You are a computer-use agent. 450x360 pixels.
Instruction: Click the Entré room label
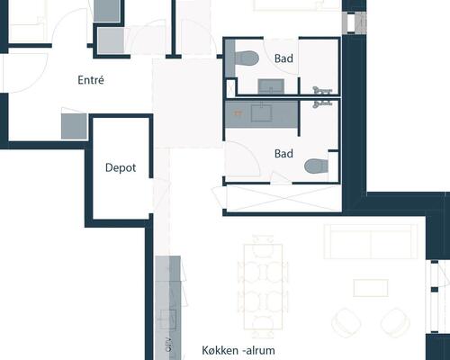[x=91, y=80]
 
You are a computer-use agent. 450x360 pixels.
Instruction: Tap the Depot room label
[x=121, y=167]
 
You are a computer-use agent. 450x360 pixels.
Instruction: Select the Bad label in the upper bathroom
[x=283, y=58]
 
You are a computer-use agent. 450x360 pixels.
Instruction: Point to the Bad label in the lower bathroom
[x=283, y=154]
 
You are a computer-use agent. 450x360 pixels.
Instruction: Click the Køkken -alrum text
[x=238, y=350]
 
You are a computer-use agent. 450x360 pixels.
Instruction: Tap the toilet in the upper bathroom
[x=247, y=58]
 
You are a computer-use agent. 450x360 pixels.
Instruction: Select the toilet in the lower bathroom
[x=316, y=166]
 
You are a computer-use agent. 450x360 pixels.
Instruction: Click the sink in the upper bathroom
[x=272, y=86]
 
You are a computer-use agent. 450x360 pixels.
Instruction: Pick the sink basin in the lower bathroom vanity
[x=261, y=112]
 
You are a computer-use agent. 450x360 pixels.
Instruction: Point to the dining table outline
[x=263, y=287]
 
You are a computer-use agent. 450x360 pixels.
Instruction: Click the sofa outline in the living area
[x=371, y=241]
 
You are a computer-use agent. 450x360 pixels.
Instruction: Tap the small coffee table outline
[x=371, y=288]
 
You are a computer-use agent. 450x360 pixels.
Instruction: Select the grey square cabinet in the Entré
[x=74, y=126]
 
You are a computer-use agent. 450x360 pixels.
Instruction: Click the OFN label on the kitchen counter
[x=169, y=345]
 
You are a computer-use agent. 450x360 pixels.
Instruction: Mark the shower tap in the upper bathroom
[x=322, y=90]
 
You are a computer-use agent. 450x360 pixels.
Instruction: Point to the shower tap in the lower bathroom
[x=322, y=103]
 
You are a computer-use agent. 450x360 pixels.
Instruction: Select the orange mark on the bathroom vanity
[x=238, y=112]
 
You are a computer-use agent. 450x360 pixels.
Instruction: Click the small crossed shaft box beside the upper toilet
[x=231, y=87]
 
